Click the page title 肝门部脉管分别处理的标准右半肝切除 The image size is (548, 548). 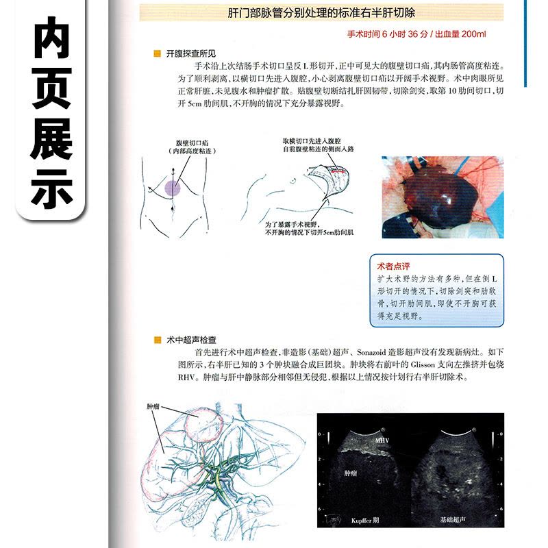click(x=321, y=13)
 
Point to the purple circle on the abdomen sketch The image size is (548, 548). click(x=172, y=185)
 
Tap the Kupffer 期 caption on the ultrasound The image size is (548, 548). click(x=363, y=521)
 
